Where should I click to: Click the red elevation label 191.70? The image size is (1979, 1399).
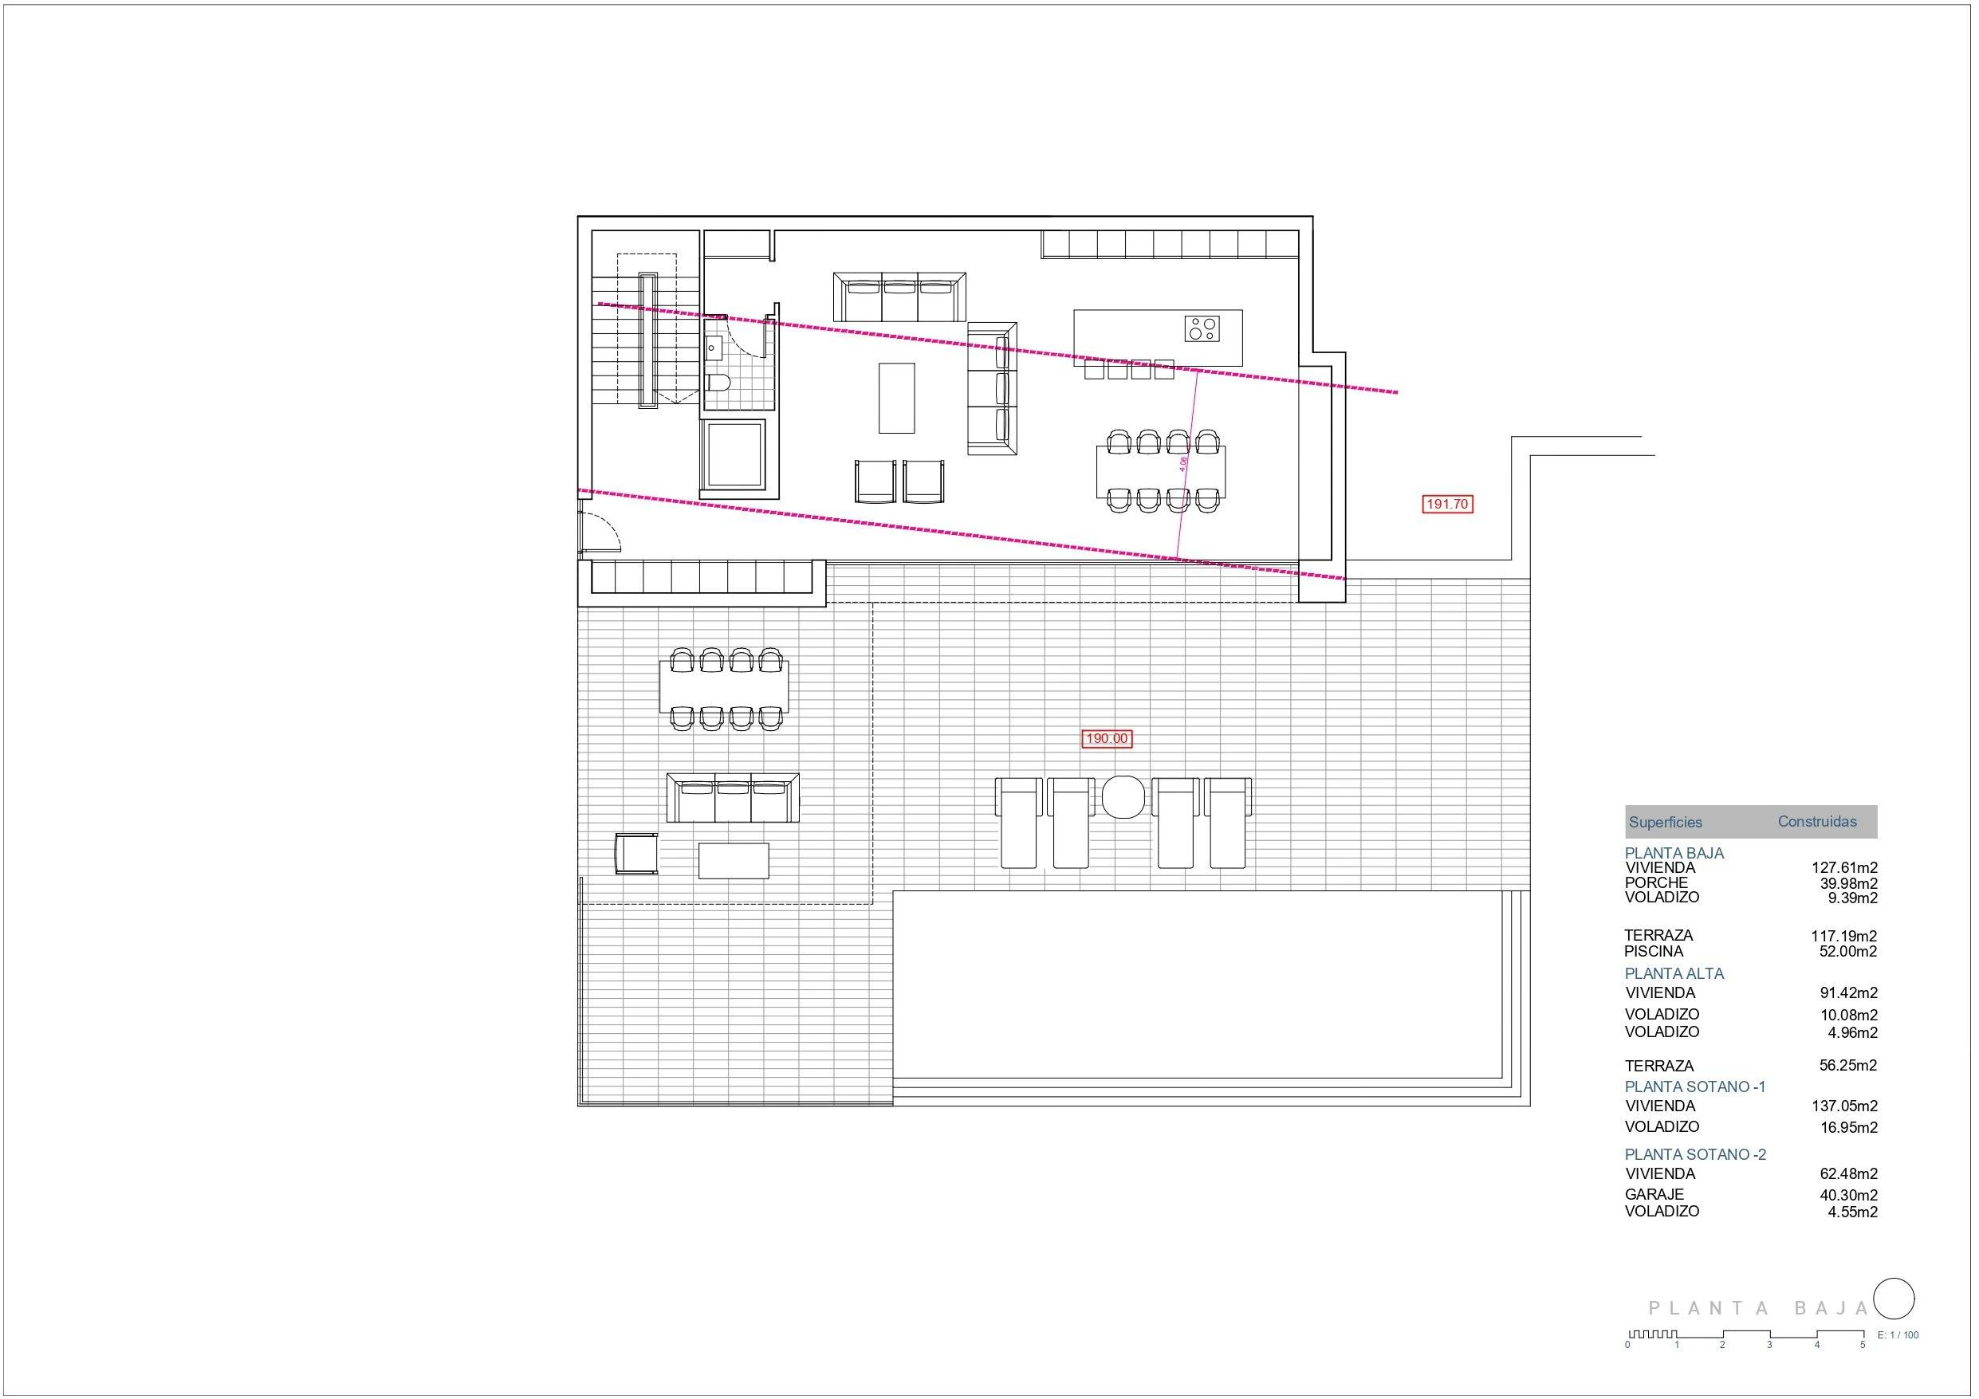(x=1447, y=505)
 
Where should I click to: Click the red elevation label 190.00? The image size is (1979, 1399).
(x=1107, y=739)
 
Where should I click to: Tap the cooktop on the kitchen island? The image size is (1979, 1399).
(x=1202, y=328)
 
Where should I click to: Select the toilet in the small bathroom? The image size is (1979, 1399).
(x=718, y=382)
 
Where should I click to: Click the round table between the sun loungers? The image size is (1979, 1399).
(x=1123, y=796)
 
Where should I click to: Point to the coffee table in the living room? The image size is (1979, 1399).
(x=896, y=397)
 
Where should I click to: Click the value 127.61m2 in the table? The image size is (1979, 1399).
(x=1843, y=868)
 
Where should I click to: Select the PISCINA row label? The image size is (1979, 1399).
(x=1653, y=952)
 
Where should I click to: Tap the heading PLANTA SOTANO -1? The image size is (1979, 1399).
(x=1694, y=1087)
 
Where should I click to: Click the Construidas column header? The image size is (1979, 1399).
(x=1817, y=822)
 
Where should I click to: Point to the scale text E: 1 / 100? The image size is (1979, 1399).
(x=1898, y=1335)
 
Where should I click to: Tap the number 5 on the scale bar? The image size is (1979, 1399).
(x=1863, y=1345)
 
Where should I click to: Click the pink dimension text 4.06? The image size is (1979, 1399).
(x=1183, y=463)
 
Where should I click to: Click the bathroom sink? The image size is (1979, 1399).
(x=713, y=348)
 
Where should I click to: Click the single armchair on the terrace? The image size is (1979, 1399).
(x=636, y=854)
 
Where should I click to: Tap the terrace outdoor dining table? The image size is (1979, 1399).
(x=724, y=686)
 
